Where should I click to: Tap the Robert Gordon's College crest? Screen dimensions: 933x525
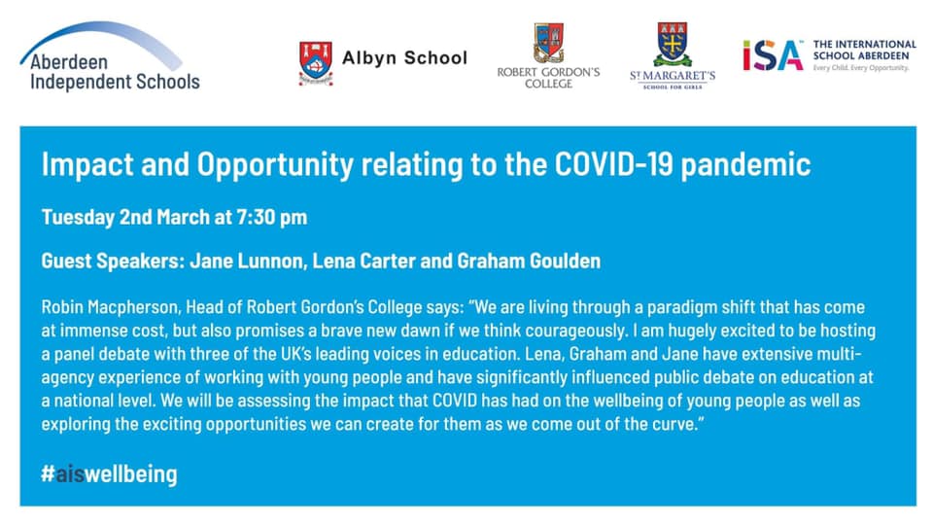548,42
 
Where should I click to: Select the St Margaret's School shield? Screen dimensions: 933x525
673,44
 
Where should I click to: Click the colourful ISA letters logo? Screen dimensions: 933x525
773,55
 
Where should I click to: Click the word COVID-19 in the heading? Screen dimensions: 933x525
613,164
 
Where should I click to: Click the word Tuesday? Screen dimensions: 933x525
78,217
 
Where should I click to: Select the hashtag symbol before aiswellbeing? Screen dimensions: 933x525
49,473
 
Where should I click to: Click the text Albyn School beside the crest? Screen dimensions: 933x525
404,57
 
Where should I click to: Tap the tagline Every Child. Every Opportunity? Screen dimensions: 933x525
861,68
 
